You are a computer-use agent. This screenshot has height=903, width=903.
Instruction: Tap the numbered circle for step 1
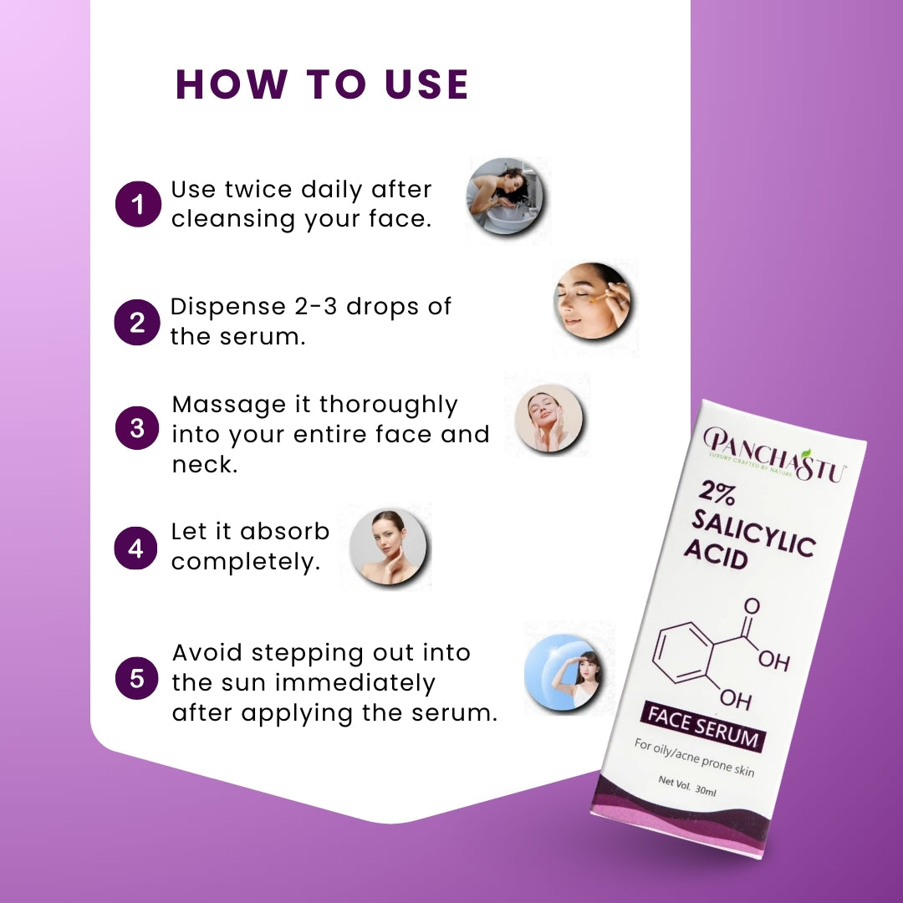[138, 204]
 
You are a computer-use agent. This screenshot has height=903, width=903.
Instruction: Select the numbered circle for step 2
[137, 323]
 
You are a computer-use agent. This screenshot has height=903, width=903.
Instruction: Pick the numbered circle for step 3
[137, 428]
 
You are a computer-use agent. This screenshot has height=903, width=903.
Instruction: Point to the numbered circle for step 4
[136, 548]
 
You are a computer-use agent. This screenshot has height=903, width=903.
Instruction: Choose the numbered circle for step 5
[137, 678]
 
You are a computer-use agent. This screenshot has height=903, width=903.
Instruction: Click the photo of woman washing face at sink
[505, 196]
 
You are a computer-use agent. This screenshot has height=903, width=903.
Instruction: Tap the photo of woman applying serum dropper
[593, 301]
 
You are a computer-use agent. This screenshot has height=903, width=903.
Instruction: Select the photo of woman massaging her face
[548, 418]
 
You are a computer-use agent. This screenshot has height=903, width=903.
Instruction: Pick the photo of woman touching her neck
[389, 547]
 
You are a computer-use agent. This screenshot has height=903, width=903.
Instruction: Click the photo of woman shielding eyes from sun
[563, 671]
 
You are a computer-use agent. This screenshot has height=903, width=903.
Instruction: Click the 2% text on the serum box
[717, 493]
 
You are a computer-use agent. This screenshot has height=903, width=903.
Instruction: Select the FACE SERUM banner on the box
[703, 727]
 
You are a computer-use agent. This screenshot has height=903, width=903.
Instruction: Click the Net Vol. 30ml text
[687, 786]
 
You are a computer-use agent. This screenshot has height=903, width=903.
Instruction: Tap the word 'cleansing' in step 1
[233, 219]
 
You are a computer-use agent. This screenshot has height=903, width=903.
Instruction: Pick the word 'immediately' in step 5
[355, 684]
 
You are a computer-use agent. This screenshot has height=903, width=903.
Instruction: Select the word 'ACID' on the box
[716, 554]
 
